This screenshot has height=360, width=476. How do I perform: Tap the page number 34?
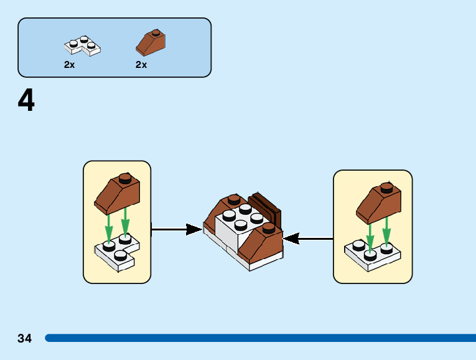click(25, 338)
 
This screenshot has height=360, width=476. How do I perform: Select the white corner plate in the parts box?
click(82, 45)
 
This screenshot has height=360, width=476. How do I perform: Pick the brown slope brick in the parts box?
click(151, 42)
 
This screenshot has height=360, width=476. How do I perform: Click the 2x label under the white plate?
click(69, 65)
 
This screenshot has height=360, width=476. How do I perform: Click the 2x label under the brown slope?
click(141, 65)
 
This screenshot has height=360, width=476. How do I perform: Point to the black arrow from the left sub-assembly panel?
click(177, 229)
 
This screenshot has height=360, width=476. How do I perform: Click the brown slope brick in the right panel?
click(379, 204)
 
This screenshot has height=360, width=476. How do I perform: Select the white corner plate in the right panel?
click(372, 255)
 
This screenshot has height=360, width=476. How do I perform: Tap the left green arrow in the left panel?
click(110, 228)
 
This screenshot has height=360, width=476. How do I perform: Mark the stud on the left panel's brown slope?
click(126, 178)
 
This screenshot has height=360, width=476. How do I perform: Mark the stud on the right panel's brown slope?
click(387, 187)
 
